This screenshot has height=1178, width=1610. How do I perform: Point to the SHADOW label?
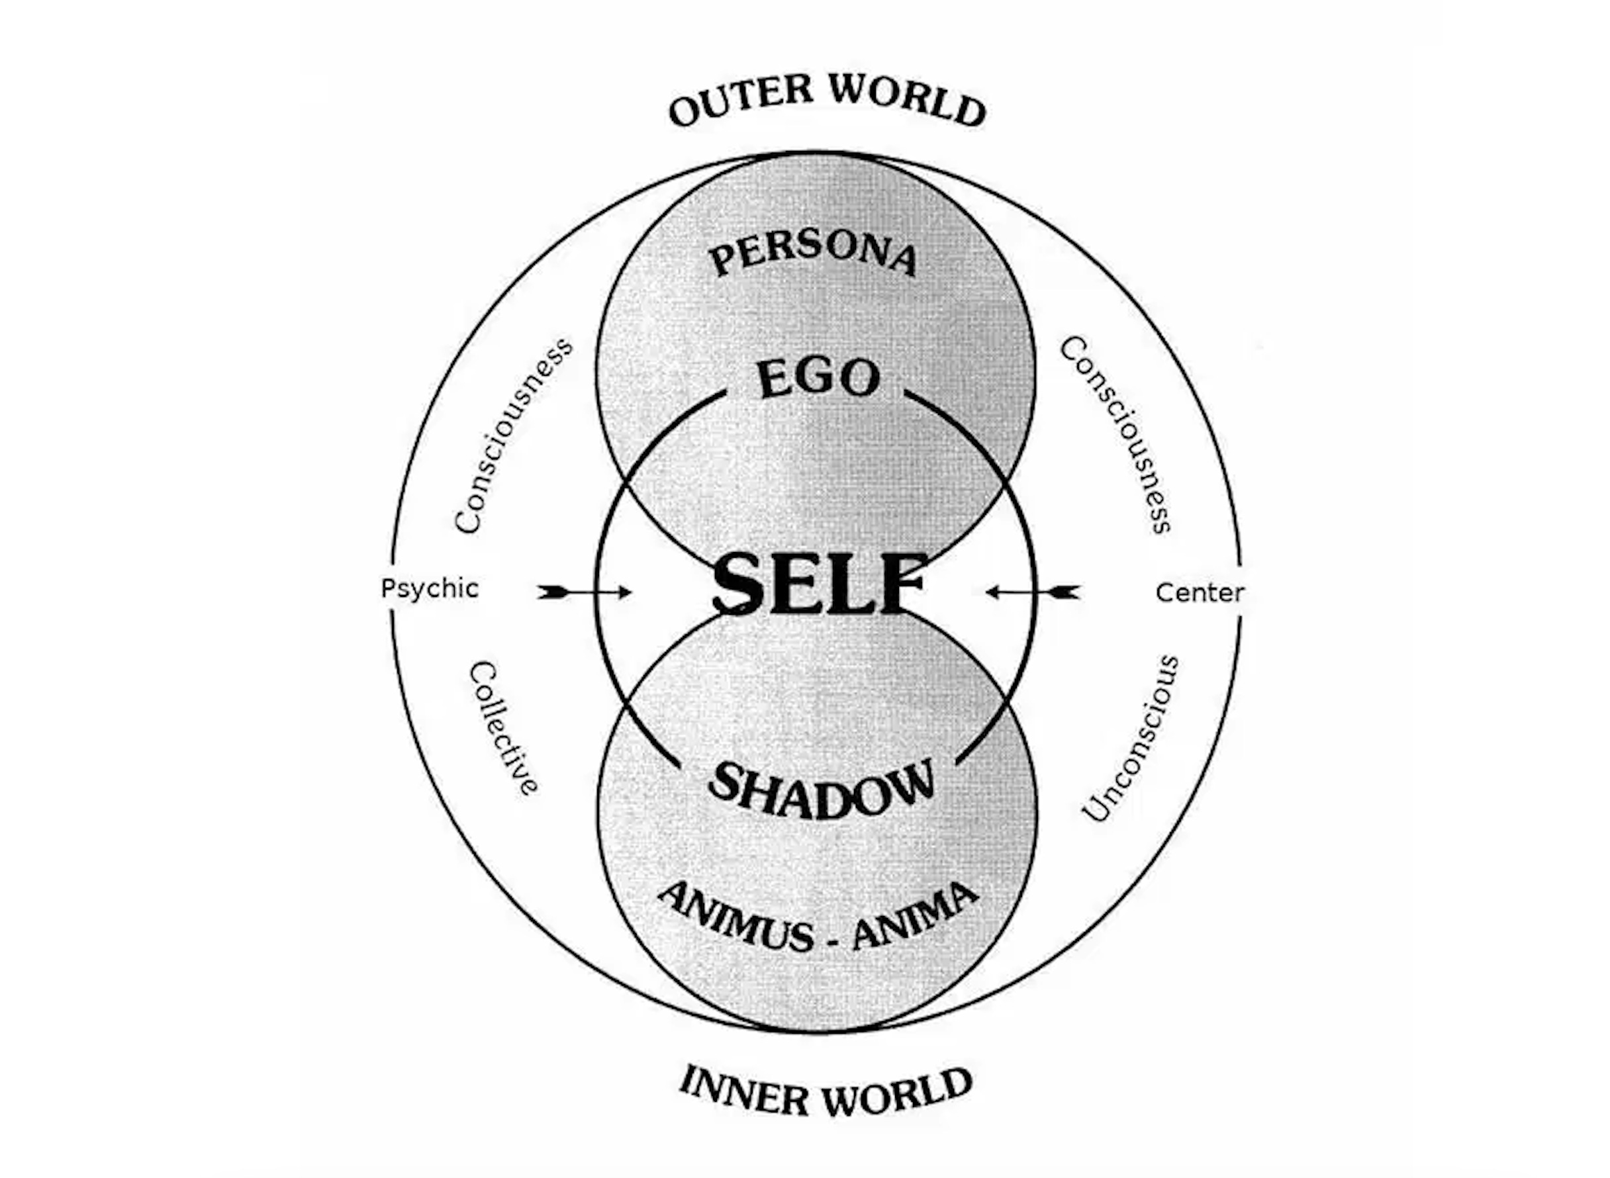[820, 790]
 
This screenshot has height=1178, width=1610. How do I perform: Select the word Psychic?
[430, 589]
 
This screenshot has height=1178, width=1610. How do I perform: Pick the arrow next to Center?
[1033, 592]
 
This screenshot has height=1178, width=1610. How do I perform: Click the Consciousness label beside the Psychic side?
[512, 435]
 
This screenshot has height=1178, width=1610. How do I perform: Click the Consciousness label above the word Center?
[1115, 435]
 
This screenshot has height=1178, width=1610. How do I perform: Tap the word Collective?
[503, 728]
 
